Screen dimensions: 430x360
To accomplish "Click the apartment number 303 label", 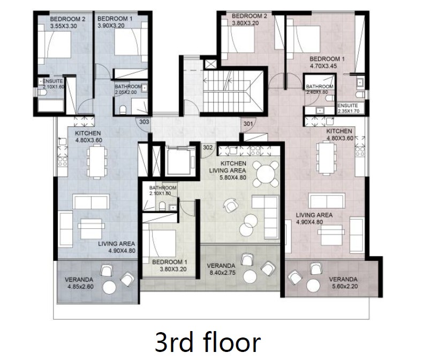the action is click(x=144, y=122).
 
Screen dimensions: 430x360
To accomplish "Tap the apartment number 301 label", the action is click(x=248, y=124).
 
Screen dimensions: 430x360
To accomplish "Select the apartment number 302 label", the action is click(x=208, y=147).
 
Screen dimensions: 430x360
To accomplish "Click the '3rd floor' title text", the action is click(x=208, y=342).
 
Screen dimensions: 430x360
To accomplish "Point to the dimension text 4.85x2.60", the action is click(x=80, y=287).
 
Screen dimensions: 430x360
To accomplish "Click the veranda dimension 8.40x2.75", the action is click(x=222, y=273).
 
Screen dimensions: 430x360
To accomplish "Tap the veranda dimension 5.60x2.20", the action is click(x=344, y=287).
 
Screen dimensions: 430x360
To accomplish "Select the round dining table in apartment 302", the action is click(x=266, y=174).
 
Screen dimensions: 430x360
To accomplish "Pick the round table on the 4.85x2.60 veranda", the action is click(x=109, y=288).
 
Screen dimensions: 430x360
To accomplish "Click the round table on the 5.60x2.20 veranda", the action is click(x=313, y=286).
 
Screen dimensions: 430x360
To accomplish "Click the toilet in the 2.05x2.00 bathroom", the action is click(x=123, y=109).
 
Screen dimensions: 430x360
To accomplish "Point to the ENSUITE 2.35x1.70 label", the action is click(x=348, y=108).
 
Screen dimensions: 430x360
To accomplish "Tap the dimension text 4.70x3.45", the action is click(x=323, y=66).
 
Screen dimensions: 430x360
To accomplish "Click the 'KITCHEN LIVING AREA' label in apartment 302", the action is click(x=228, y=167).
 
